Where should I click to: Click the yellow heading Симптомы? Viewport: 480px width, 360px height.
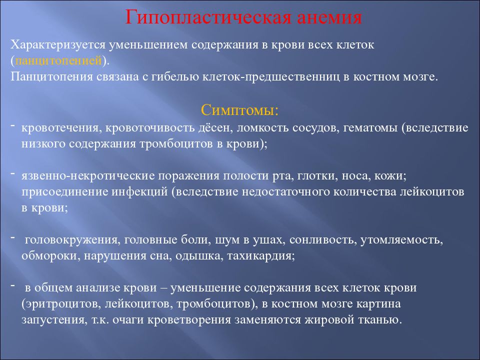239,109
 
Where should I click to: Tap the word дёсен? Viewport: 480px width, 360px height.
215,127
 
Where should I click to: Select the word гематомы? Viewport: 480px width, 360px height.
370,127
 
